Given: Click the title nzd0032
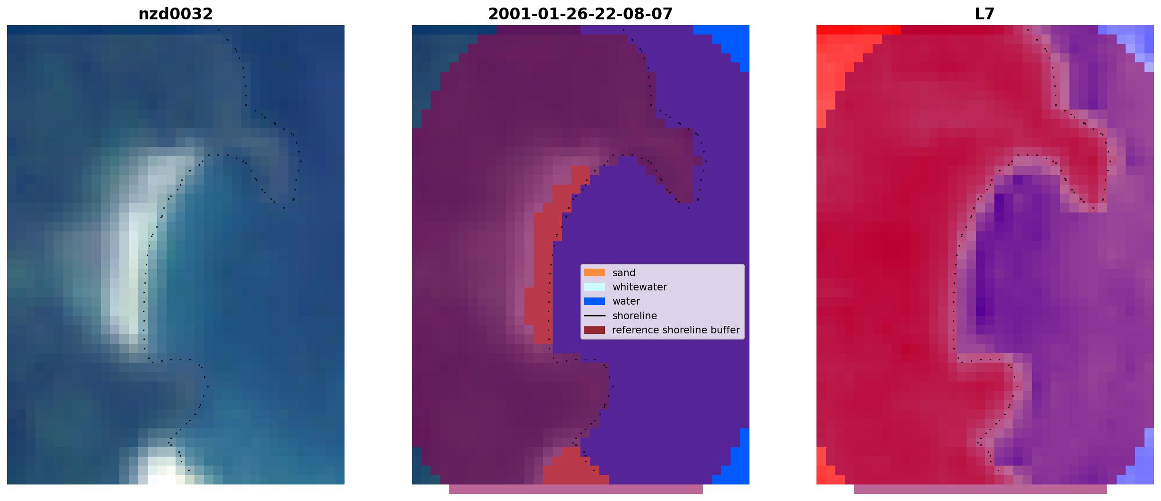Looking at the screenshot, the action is click(x=176, y=14).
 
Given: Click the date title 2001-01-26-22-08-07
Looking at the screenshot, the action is click(x=580, y=14).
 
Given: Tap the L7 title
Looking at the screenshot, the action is click(x=985, y=14).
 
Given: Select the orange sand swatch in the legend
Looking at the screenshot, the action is click(x=595, y=272).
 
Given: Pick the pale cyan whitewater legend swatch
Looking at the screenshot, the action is click(x=595, y=287).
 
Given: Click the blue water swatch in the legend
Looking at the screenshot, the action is click(x=595, y=301).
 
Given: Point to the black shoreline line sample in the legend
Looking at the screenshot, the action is click(x=595, y=315).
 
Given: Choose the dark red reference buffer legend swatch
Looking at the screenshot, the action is click(x=595, y=330).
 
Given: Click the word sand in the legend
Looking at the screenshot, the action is click(x=624, y=273).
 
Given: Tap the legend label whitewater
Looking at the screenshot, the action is click(x=639, y=287).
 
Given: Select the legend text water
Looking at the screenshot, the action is click(x=626, y=301).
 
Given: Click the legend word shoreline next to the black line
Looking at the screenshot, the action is click(x=635, y=315).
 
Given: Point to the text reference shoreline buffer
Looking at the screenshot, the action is click(x=676, y=330).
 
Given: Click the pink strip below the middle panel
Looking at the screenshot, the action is click(x=576, y=489).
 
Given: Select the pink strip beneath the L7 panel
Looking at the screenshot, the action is click(x=980, y=489).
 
